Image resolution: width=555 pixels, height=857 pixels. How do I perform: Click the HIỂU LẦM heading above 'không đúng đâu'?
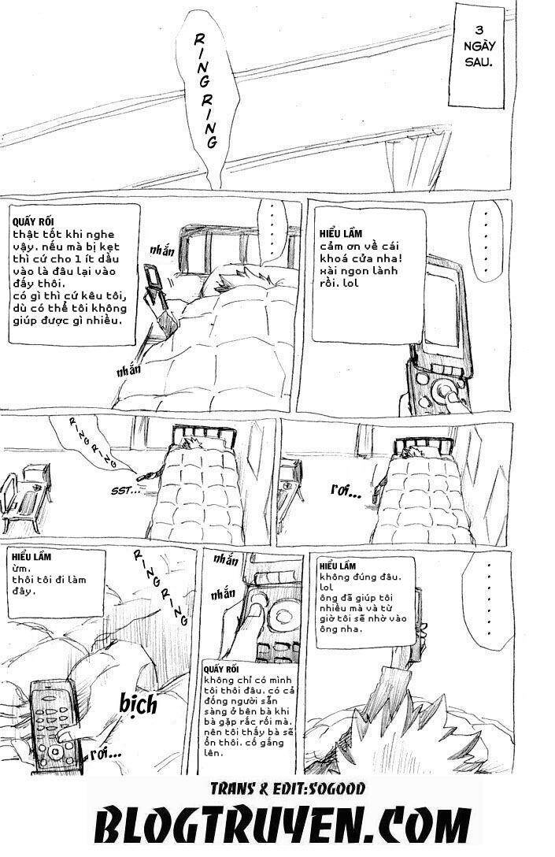[x=339, y=566]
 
